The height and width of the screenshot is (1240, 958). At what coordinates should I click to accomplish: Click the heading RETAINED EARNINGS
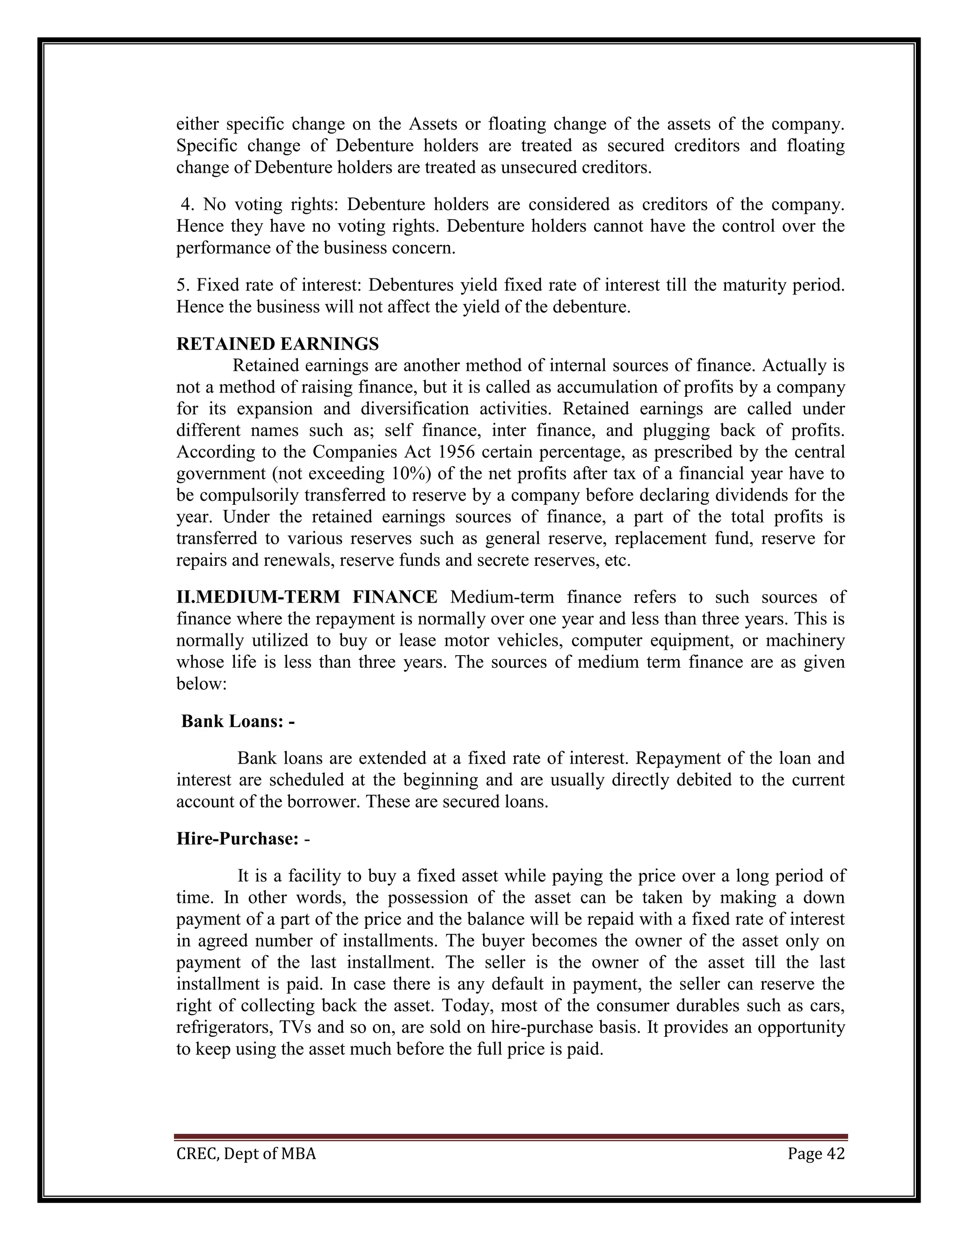277,344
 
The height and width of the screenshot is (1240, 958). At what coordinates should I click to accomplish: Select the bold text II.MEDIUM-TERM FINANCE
306,597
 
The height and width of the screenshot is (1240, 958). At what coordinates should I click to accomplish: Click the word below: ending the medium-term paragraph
202,684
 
